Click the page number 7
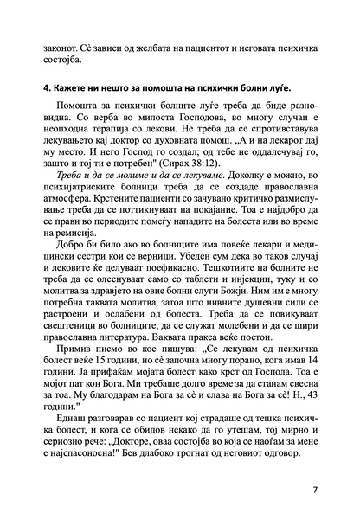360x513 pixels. [x=314, y=490]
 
